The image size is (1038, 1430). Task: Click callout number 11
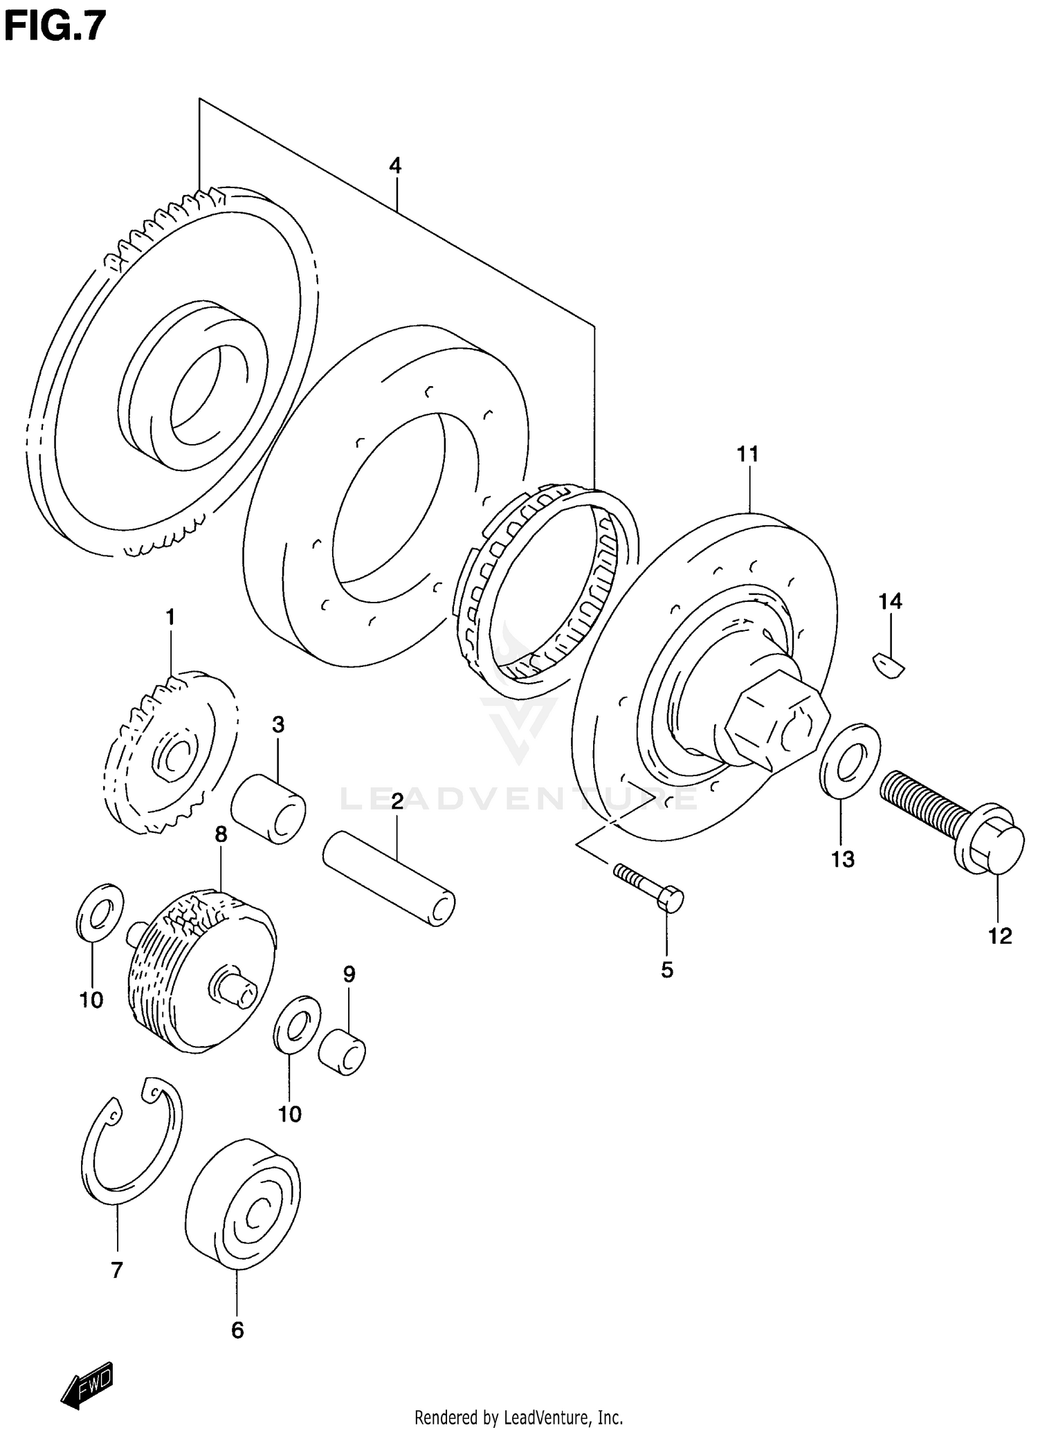(747, 455)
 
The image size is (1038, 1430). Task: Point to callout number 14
(891, 601)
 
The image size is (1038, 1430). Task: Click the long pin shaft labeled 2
(390, 879)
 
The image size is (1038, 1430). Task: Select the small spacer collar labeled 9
(342, 1052)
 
